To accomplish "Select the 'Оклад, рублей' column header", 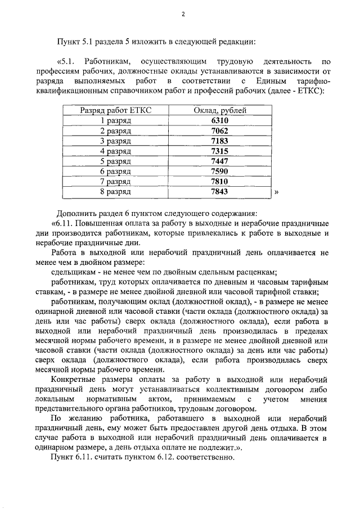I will pos(220,110).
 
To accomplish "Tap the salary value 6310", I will pos(220,120).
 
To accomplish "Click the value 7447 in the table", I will pos(220,161).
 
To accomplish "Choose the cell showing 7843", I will pos(220,191).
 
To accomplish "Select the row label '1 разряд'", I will pos(115,120).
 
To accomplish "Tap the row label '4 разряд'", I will pos(115,151).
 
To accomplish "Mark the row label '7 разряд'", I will pos(115,181).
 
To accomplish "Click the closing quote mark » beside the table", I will pos(276,192).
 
